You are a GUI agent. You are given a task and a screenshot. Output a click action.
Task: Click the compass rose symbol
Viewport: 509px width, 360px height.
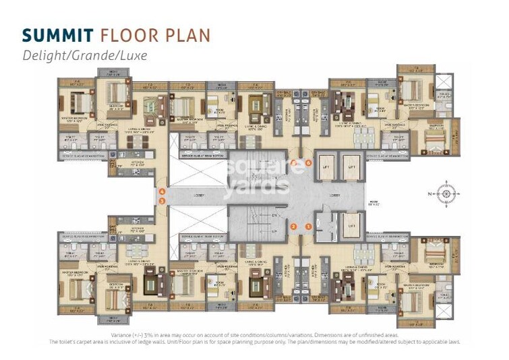446,194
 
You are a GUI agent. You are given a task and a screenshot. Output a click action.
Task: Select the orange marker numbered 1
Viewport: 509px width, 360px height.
308,227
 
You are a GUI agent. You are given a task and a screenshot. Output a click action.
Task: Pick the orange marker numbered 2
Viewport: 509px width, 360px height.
294,227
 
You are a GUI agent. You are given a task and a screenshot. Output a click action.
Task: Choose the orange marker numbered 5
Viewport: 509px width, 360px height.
294,163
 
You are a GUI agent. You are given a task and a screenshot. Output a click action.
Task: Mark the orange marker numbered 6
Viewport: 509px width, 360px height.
308,163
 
